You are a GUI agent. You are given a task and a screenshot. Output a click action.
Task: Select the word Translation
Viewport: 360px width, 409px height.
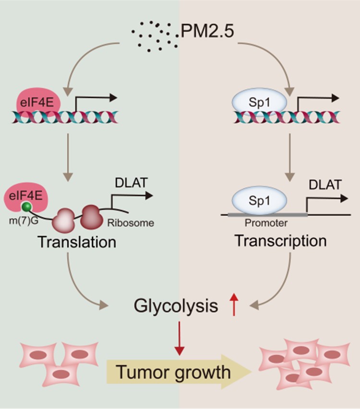tap(77, 241)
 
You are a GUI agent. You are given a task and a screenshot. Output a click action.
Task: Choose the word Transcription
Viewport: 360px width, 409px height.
tap(281, 241)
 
